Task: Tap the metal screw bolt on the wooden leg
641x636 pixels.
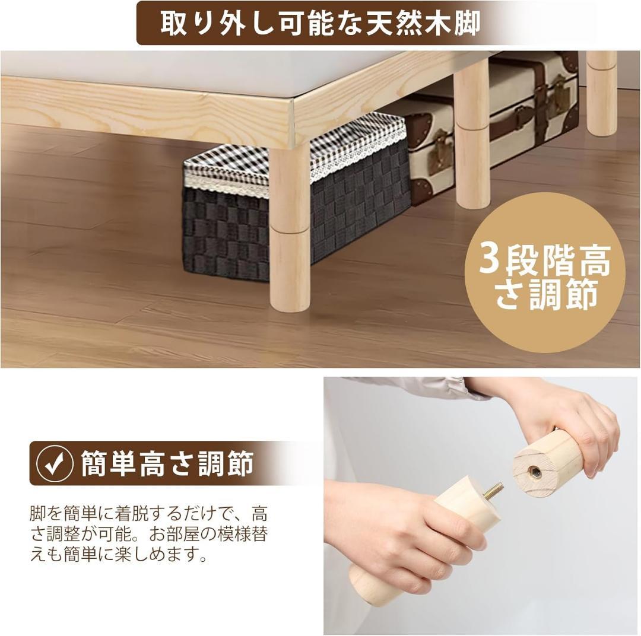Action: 493,491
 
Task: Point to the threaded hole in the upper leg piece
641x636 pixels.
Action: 534,472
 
